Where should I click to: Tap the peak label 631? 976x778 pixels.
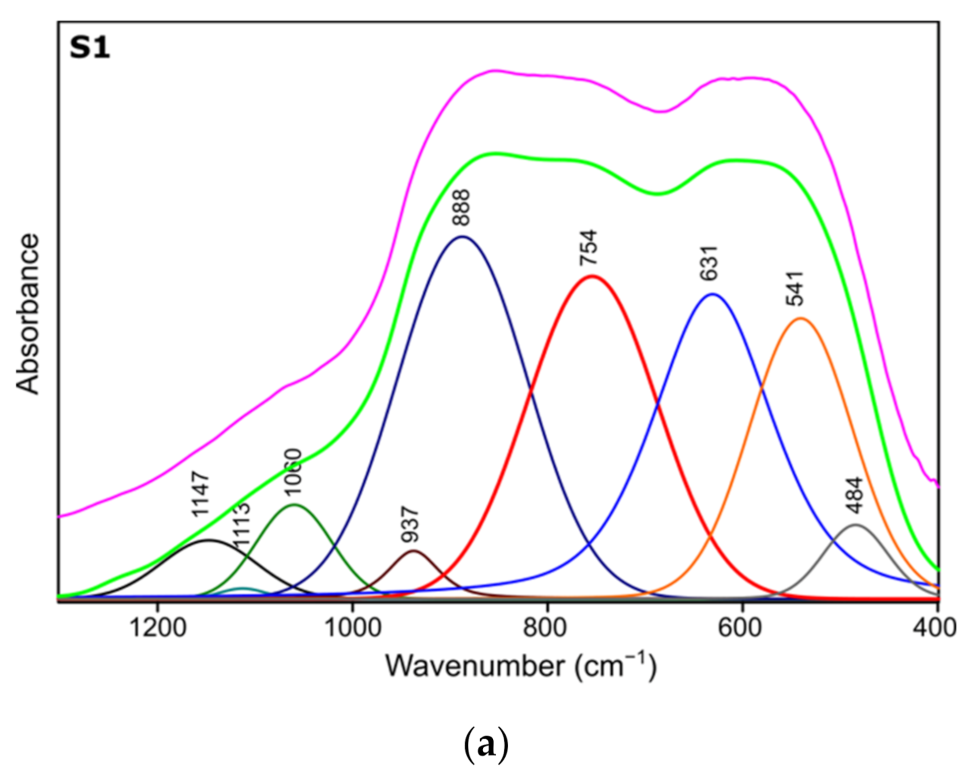(709, 263)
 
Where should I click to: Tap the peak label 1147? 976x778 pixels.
(201, 495)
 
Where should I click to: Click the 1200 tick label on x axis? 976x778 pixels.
(157, 627)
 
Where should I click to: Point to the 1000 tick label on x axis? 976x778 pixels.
(352, 627)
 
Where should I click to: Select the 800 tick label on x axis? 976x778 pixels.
(548, 627)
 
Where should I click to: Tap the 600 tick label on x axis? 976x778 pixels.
(743, 627)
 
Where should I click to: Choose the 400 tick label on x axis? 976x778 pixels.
(937, 627)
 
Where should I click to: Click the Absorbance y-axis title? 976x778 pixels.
(28, 314)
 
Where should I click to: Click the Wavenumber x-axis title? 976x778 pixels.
(521, 666)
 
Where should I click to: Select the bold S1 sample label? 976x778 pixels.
(90, 48)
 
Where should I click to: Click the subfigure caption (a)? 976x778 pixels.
(485, 745)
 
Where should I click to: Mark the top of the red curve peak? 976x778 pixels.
(591, 276)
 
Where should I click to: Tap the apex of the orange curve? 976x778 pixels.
(800, 318)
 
